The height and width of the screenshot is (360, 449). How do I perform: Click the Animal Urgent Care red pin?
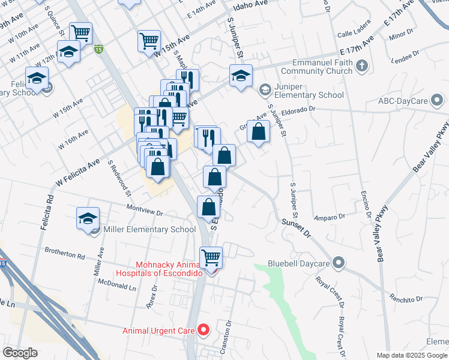point(203,329)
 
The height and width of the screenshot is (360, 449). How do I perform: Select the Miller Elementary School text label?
point(149,229)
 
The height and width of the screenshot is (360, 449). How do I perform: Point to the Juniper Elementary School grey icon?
point(264,90)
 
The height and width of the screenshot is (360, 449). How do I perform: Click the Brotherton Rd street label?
point(64,256)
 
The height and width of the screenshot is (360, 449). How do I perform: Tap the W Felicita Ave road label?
point(77,163)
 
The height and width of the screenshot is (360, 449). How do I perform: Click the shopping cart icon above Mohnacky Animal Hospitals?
point(211,257)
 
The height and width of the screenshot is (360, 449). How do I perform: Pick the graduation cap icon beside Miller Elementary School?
point(88,218)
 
